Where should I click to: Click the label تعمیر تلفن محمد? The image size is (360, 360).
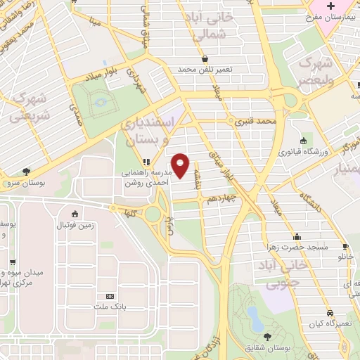(x=204, y=70)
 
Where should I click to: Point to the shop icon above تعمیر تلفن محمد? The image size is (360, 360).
(x=205, y=59)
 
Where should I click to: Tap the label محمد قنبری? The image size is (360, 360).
(x=252, y=121)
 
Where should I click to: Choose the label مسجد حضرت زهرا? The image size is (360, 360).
(x=297, y=247)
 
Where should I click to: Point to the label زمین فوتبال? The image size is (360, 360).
(x=75, y=224)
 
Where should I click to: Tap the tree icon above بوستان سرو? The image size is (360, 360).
(x=26, y=171)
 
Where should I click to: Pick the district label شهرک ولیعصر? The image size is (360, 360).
(x=315, y=71)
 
